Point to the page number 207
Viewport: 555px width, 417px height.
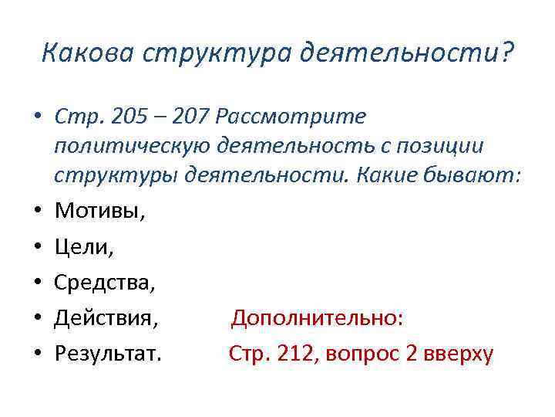[x=190, y=117]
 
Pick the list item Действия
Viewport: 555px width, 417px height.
[x=107, y=319]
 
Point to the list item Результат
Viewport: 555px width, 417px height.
[x=108, y=354]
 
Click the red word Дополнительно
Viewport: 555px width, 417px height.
[x=318, y=318]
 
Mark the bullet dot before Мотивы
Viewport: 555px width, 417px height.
[x=35, y=209]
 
